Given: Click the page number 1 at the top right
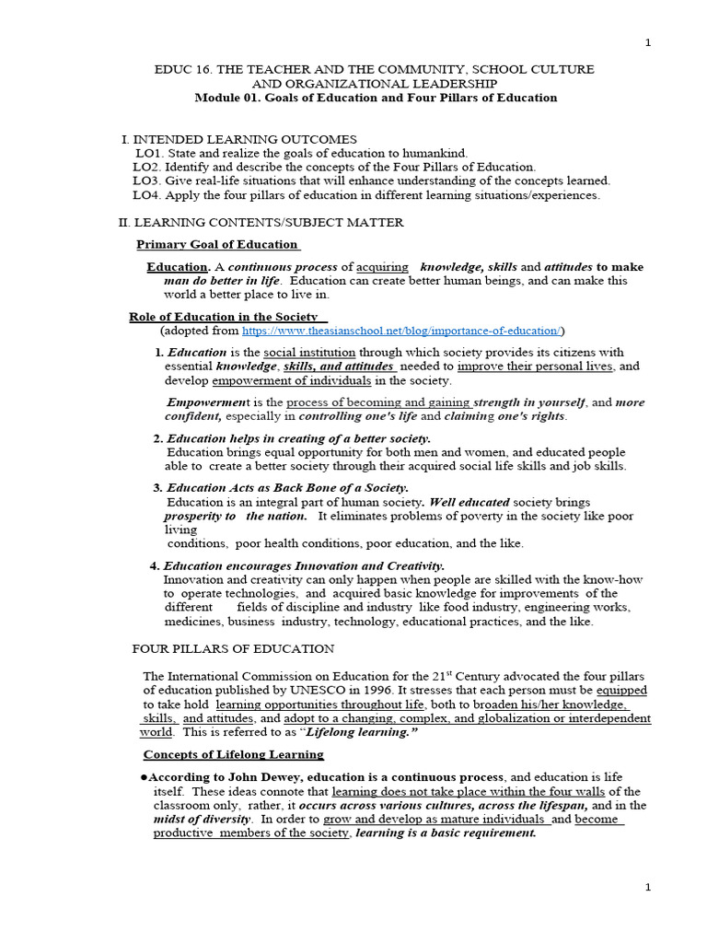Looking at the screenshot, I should pyautogui.click(x=648, y=42).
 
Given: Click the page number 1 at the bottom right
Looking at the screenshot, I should pyautogui.click(x=648, y=887).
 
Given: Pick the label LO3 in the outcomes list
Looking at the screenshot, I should pyautogui.click(x=147, y=180).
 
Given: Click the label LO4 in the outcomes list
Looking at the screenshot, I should pyautogui.click(x=147, y=194).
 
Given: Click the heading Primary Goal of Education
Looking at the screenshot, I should pyautogui.click(x=217, y=244).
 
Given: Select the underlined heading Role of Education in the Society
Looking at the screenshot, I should pyautogui.click(x=226, y=317).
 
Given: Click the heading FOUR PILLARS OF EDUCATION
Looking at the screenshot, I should pyautogui.click(x=234, y=649).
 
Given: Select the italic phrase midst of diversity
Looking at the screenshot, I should pyautogui.click(x=202, y=819).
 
